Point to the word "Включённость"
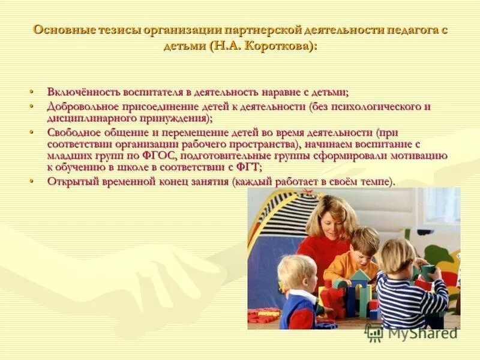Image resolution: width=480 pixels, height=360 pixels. (83, 92)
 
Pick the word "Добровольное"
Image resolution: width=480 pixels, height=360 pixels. (84, 107)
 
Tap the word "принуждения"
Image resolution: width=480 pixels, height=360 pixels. (168, 118)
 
